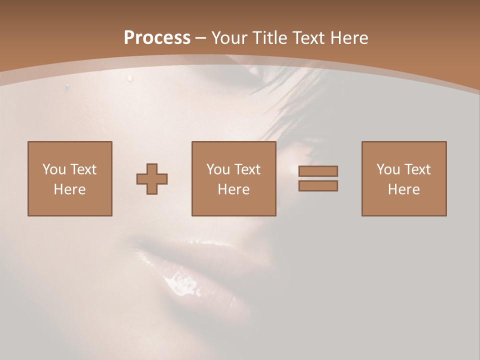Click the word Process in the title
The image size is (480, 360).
[x=157, y=38]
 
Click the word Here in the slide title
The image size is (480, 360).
[x=350, y=38]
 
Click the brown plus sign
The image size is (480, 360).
[x=152, y=178]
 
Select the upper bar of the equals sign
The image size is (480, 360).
[x=318, y=171]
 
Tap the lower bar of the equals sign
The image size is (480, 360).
[x=318, y=186]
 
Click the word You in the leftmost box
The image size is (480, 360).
[x=54, y=169]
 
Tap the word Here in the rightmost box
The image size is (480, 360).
[x=403, y=189]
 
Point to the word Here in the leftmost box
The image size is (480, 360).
[x=69, y=189]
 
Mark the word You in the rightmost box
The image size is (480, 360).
[x=388, y=169]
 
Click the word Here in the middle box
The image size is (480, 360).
[x=233, y=189]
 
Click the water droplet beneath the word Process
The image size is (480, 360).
[x=130, y=78]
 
